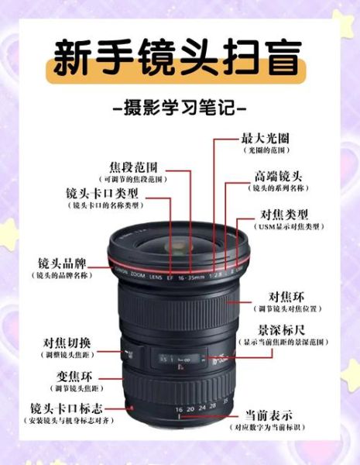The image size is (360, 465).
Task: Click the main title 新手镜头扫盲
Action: [x=179, y=60]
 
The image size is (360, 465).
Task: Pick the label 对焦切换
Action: [x=67, y=342]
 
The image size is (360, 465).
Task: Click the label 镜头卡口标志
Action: [x=67, y=408]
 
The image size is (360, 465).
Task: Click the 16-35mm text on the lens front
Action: [x=189, y=275]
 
